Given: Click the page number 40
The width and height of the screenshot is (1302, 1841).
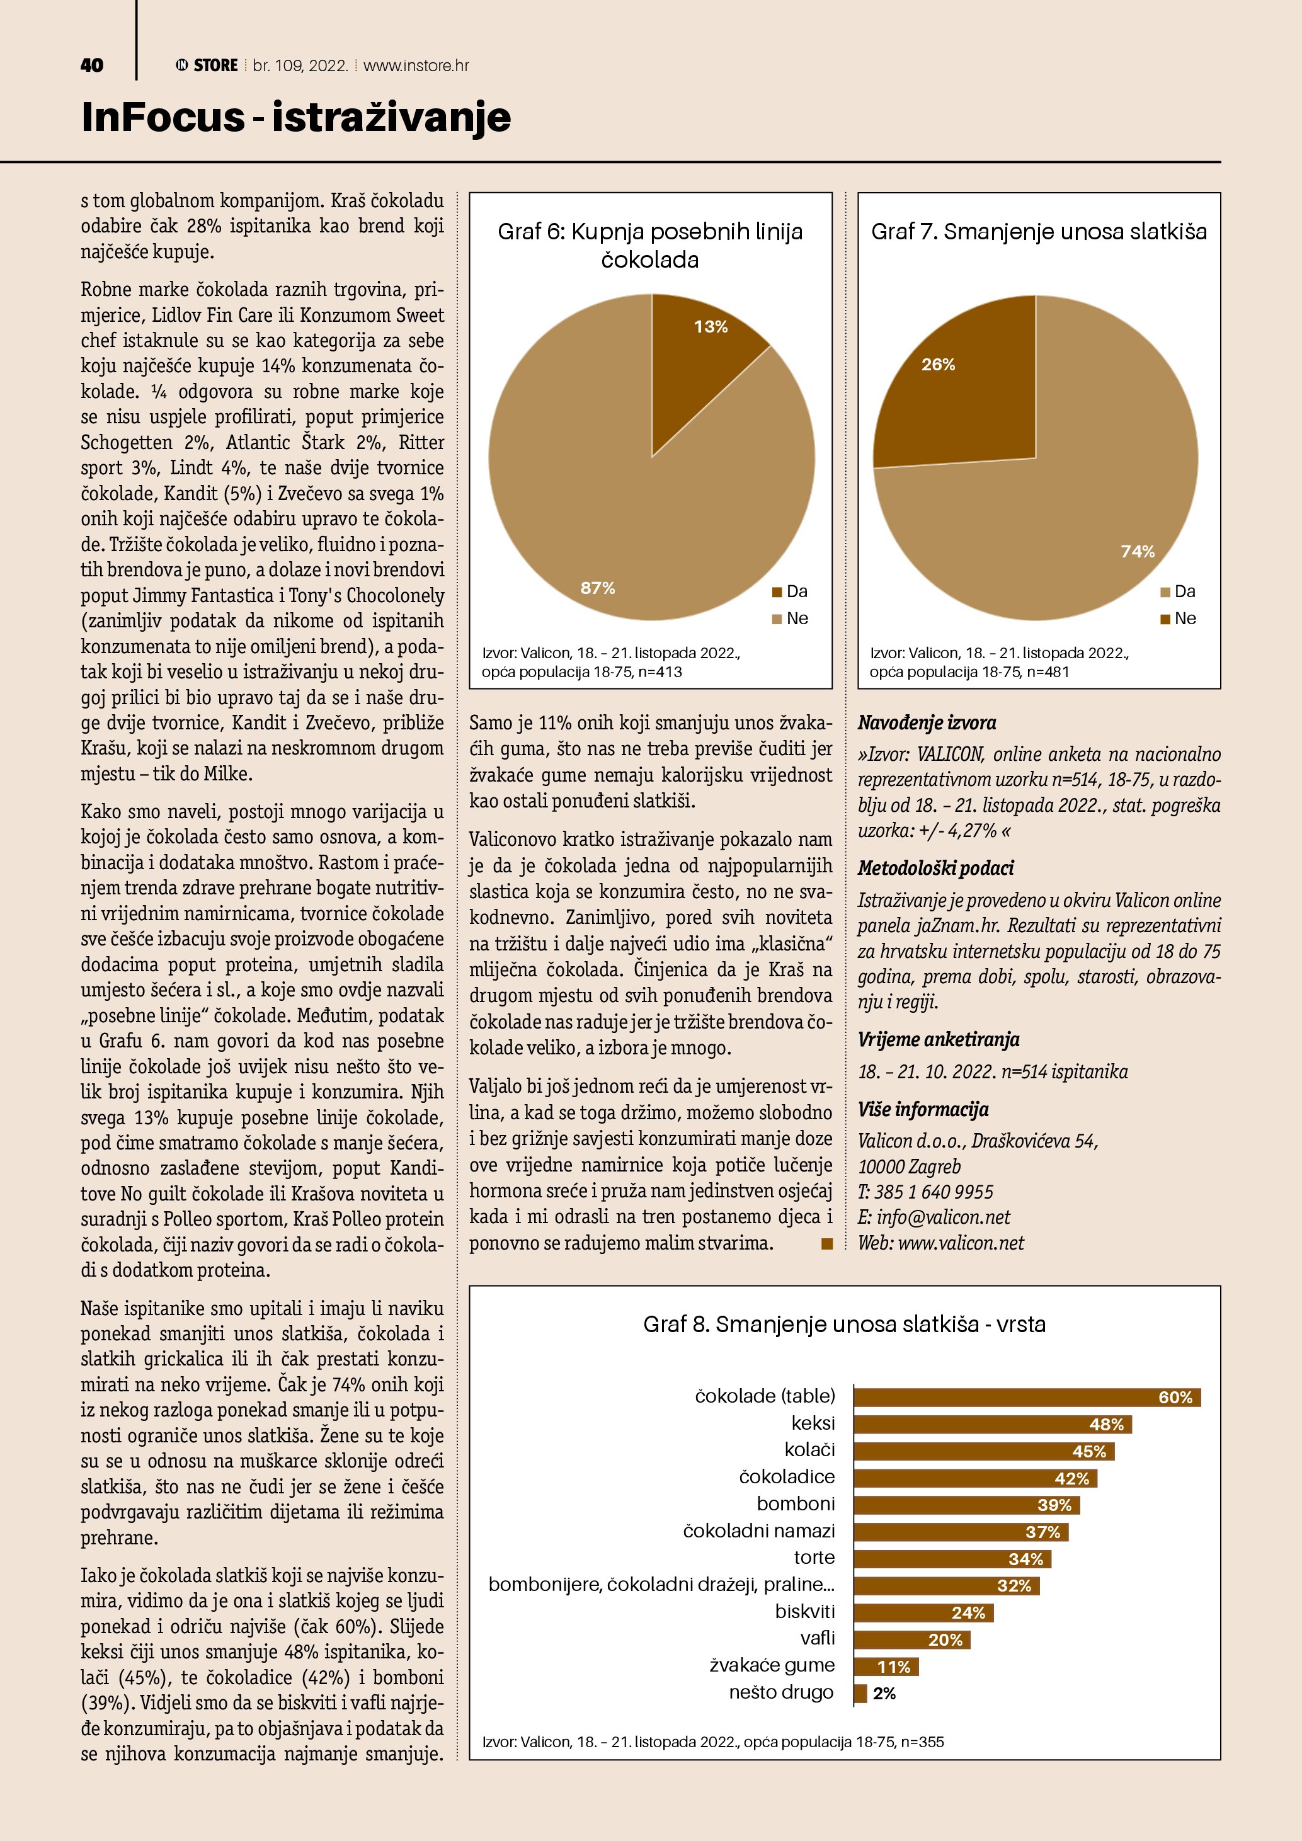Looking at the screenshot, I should pyautogui.click(x=92, y=65).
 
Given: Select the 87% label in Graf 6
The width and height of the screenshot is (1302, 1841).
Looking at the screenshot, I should pyautogui.click(x=597, y=588).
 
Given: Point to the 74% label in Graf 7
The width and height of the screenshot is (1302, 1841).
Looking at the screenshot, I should pyautogui.click(x=1138, y=551).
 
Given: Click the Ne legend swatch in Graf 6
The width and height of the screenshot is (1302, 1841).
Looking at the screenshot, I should pyautogui.click(x=776, y=619).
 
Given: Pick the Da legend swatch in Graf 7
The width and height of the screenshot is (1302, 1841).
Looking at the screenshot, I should pyautogui.click(x=1165, y=592).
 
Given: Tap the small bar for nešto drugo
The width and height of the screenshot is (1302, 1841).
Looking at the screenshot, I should pyautogui.click(x=860, y=1694).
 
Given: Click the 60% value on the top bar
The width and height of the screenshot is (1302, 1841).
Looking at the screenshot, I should pyautogui.click(x=1175, y=1398).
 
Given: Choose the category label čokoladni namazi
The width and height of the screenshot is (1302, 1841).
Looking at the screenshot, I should pyautogui.click(x=758, y=1530).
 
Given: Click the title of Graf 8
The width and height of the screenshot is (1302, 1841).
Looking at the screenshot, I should pyautogui.click(x=844, y=1324).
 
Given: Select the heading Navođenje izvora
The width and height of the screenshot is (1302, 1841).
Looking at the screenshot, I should pyautogui.click(x=927, y=722).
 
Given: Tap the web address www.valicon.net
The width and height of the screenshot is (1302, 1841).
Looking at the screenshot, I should pyautogui.click(x=961, y=1243).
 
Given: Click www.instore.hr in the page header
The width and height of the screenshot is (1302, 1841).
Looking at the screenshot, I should pyautogui.click(x=416, y=66).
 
